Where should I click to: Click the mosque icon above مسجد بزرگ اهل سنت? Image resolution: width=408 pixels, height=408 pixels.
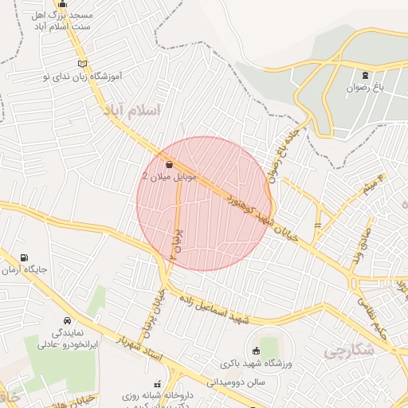click(x=63, y=5)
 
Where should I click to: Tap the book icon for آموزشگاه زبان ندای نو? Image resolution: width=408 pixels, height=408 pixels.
click(x=81, y=63)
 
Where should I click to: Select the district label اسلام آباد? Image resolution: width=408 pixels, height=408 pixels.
click(x=131, y=111)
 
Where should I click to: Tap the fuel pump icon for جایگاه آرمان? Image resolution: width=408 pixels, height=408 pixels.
click(x=25, y=258)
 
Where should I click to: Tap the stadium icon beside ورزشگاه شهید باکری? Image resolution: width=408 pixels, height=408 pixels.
click(x=255, y=351)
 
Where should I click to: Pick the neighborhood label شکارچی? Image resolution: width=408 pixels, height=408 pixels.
click(x=350, y=351)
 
